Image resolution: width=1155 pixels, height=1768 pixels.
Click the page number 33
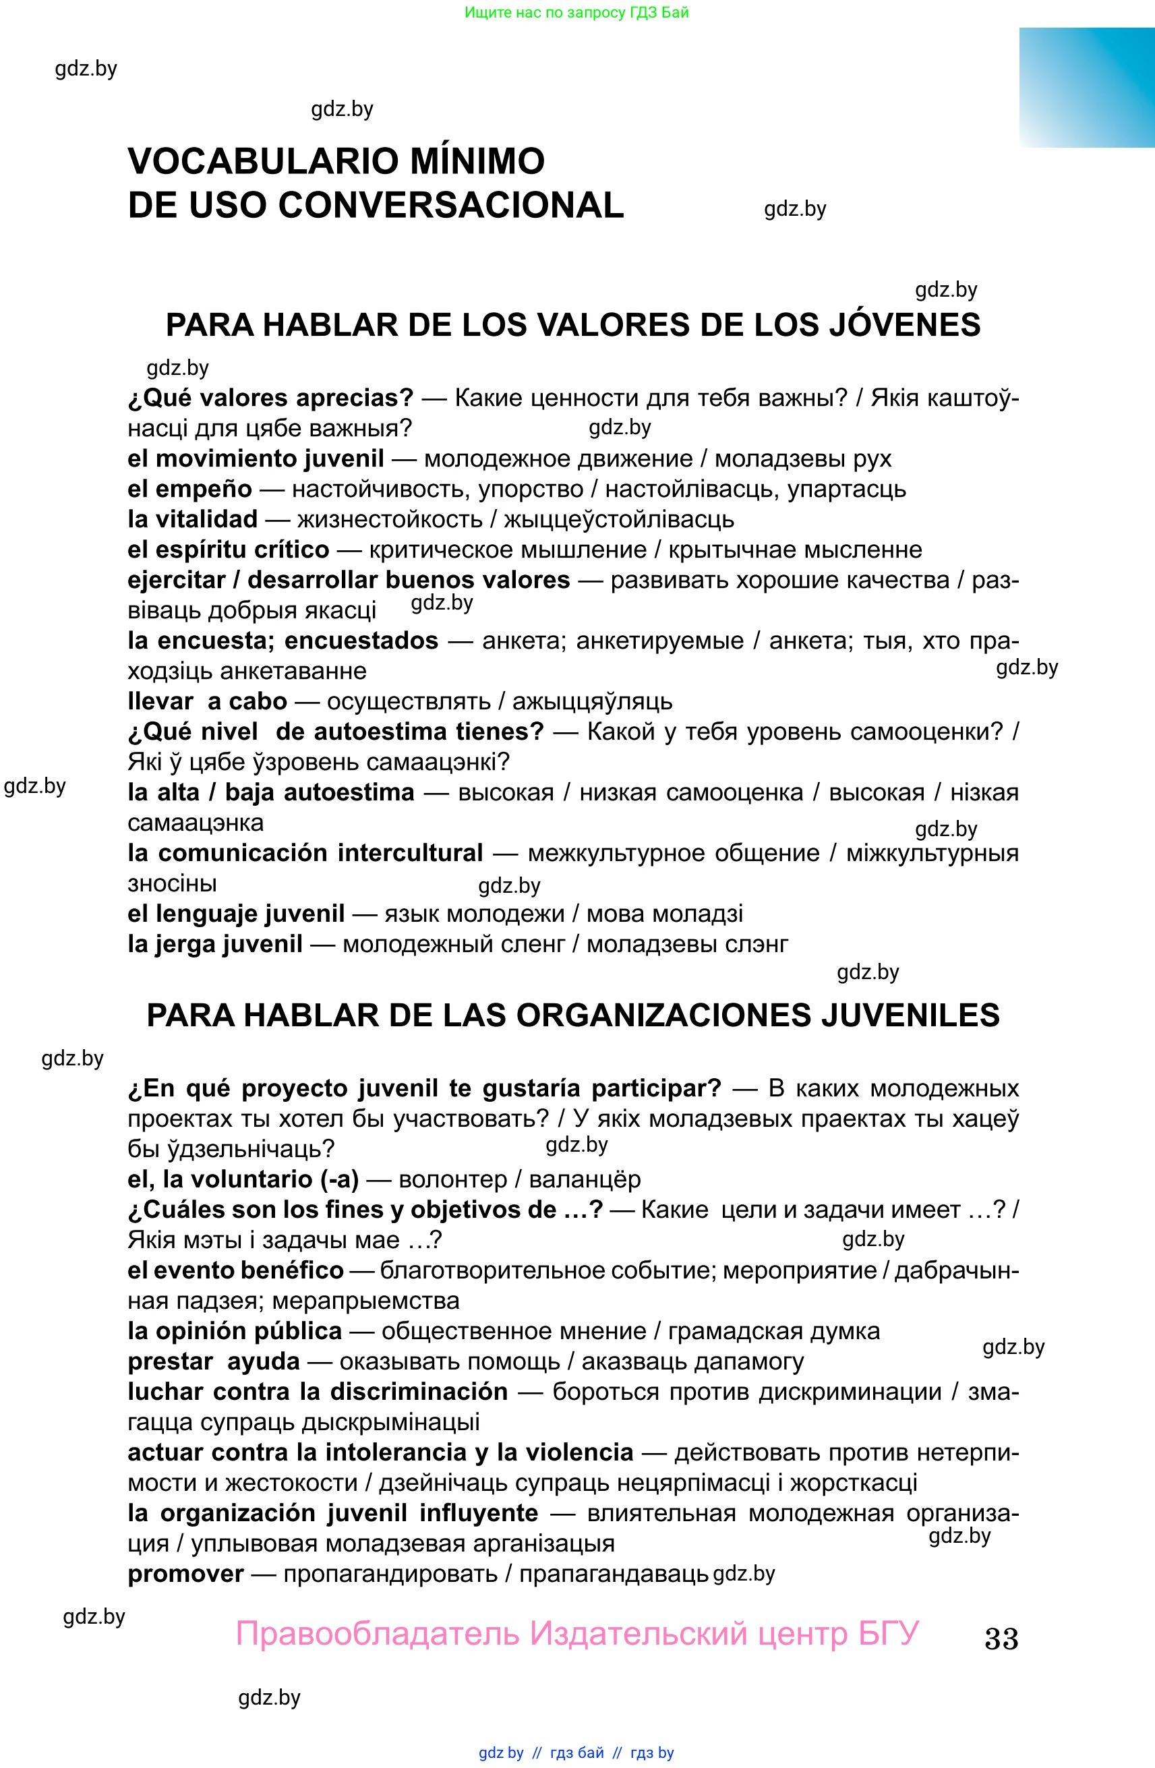tap(1001, 1638)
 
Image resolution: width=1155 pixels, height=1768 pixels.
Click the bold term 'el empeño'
tap(189, 489)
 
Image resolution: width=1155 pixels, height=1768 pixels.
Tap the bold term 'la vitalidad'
tap(192, 519)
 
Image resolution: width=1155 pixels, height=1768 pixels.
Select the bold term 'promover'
tap(185, 1573)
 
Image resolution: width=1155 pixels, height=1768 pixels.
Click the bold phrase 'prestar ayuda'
tap(213, 1361)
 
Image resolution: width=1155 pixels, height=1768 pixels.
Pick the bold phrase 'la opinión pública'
tap(235, 1330)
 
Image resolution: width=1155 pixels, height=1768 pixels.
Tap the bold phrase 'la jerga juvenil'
tap(214, 944)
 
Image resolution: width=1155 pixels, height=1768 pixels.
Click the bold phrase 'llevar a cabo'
tap(207, 701)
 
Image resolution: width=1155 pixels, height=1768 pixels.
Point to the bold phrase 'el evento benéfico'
tap(235, 1270)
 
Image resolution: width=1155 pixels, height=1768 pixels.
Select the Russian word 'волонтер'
tap(453, 1179)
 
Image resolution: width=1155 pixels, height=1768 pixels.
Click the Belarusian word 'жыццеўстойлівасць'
tap(619, 519)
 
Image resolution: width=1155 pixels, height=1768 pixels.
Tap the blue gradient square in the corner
tap(1087, 88)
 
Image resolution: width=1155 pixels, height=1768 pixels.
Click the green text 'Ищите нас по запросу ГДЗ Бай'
tap(576, 13)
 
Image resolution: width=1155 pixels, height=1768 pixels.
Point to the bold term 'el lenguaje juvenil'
tap(236, 914)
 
